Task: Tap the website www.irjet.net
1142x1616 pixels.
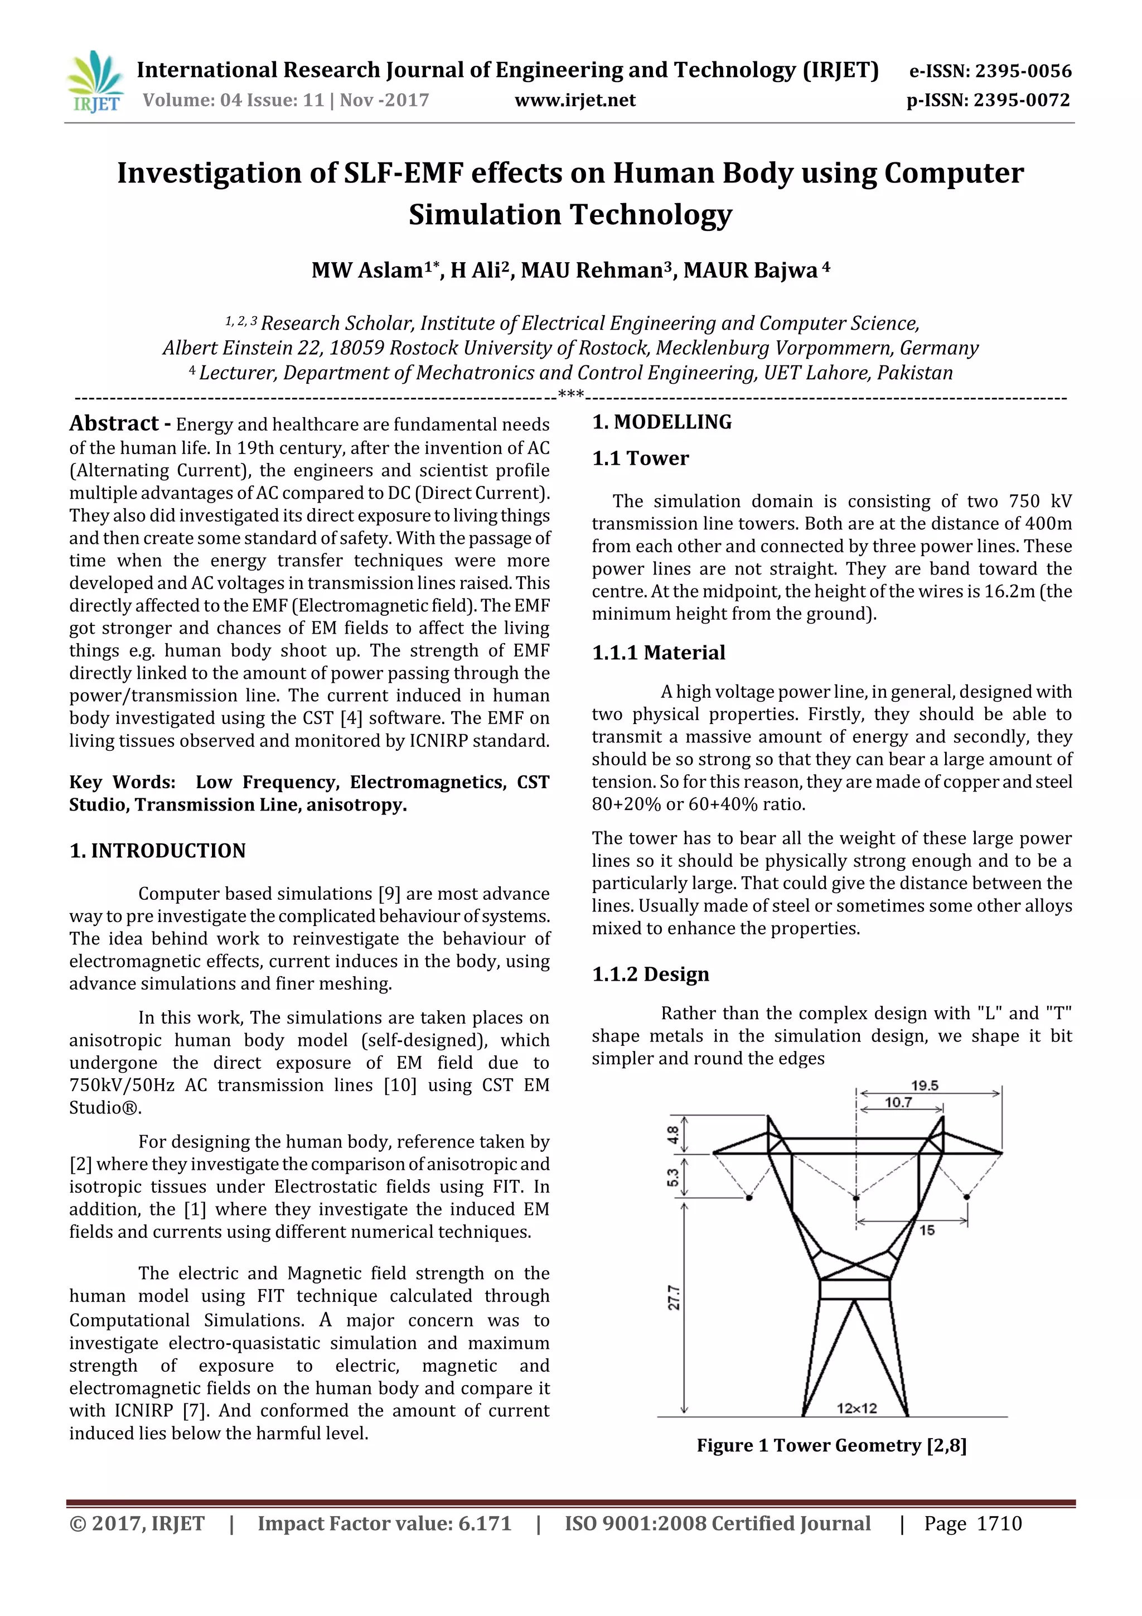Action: (575, 100)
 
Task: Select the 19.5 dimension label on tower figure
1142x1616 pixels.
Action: (925, 1086)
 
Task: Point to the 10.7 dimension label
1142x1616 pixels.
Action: (898, 1103)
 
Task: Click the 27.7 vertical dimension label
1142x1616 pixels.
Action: (674, 1297)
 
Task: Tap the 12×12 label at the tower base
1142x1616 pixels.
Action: (856, 1408)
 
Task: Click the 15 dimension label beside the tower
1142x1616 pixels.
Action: (927, 1231)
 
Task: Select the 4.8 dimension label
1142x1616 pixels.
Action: (672, 1135)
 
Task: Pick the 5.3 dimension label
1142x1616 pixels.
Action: (672, 1177)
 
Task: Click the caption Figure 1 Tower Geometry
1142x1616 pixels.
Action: (831, 1446)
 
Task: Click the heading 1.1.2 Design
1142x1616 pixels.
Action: (650, 974)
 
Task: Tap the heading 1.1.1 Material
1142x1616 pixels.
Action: (658, 653)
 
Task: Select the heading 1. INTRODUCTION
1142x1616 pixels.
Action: (158, 851)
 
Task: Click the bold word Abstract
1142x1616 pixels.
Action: (114, 424)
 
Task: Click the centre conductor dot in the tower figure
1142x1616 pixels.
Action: (855, 1197)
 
